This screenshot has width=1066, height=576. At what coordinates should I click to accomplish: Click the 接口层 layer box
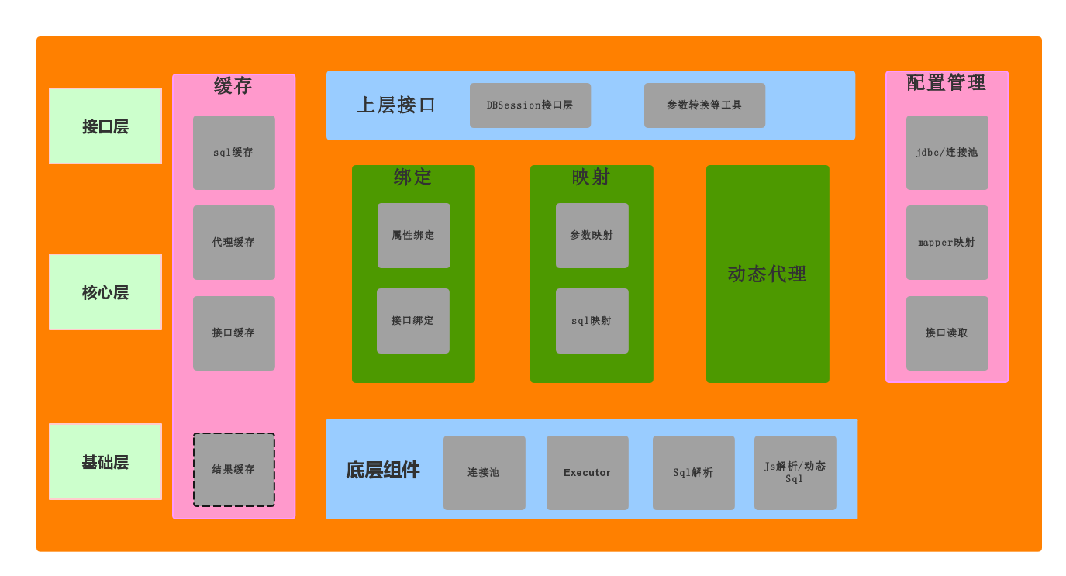click(105, 126)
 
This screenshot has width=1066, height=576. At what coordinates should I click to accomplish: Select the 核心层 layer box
click(105, 292)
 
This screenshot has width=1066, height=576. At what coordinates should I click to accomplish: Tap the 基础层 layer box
click(105, 462)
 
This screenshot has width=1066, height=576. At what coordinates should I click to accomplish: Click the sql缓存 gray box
click(233, 153)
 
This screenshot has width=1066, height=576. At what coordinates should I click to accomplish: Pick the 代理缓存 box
click(233, 243)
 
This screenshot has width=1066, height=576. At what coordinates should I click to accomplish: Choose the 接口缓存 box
click(233, 333)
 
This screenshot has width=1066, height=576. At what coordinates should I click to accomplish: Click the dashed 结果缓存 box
click(233, 470)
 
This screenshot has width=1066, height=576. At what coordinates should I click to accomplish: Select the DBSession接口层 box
click(530, 105)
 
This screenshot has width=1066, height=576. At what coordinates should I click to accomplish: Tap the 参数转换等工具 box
click(704, 105)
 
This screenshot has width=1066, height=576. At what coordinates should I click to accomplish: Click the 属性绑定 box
click(413, 236)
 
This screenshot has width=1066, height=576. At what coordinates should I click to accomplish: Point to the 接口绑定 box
click(412, 321)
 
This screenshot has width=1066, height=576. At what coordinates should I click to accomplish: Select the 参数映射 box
click(592, 236)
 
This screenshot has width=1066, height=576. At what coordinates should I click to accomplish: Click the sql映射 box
click(592, 321)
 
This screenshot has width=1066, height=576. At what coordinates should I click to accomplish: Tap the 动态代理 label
click(767, 274)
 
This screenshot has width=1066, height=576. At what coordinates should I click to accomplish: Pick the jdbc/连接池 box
click(947, 153)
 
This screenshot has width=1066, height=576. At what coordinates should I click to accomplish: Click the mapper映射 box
click(947, 243)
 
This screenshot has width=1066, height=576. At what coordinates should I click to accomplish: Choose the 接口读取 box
click(947, 333)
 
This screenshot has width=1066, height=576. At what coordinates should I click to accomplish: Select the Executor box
click(587, 473)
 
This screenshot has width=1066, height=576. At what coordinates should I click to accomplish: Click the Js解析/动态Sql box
click(795, 473)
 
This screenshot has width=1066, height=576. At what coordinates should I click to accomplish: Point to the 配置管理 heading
click(946, 83)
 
